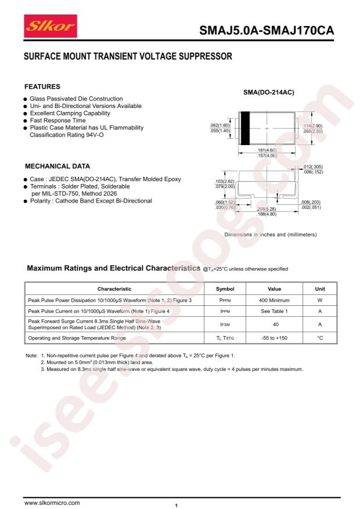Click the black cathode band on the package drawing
(244, 128)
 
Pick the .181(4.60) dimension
(267, 150)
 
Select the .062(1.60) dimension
(220, 125)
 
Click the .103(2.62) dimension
(224, 181)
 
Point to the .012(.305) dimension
(312, 167)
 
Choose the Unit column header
(319, 288)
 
